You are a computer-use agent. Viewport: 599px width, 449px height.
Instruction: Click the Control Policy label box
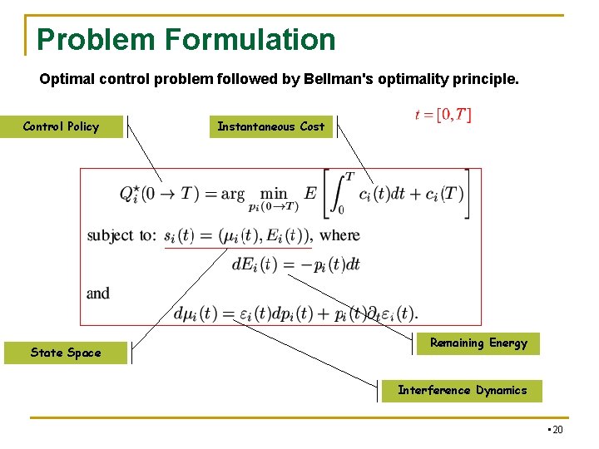[62, 126]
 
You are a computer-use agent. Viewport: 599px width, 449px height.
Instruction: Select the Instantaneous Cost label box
[270, 126]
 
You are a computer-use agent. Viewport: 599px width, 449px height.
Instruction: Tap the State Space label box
[65, 353]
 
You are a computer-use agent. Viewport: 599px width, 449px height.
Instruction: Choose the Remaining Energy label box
[478, 343]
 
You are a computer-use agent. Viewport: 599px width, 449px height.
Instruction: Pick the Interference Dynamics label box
[462, 390]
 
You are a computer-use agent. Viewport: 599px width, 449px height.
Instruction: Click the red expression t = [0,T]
[443, 115]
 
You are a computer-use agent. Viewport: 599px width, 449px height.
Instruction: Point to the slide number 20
[556, 429]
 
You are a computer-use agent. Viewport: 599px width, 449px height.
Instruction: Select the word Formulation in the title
[249, 39]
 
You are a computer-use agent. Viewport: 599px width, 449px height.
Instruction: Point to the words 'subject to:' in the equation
[121, 235]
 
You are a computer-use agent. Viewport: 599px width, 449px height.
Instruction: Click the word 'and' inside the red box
[98, 294]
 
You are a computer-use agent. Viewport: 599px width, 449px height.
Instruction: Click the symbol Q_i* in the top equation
[129, 194]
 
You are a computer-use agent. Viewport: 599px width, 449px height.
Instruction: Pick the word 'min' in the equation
[274, 192]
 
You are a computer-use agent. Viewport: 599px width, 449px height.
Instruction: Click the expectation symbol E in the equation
[310, 193]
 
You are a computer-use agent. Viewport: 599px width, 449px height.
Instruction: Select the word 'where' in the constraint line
[339, 235]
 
